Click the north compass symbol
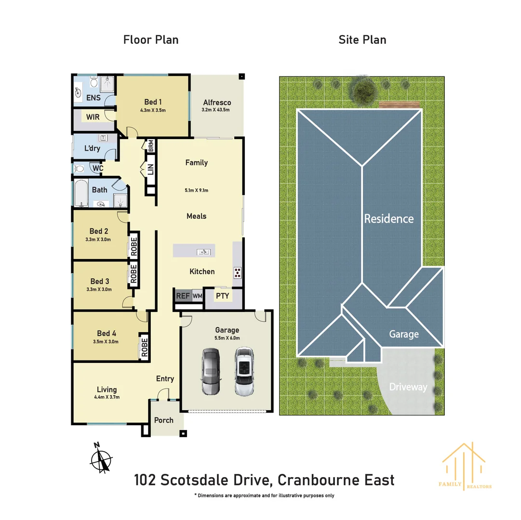[101, 458]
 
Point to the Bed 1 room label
[153, 102]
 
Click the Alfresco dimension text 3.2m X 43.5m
[216, 110]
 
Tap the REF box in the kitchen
[183, 296]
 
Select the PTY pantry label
[222, 296]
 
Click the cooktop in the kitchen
[237, 273]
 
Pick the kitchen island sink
[204, 251]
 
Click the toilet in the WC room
[80, 169]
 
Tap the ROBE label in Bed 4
[144, 347]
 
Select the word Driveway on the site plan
[408, 387]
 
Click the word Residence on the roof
[388, 219]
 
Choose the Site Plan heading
[362, 39]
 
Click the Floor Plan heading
[151, 39]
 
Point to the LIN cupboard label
[150, 169]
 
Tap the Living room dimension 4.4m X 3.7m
[107, 397]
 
